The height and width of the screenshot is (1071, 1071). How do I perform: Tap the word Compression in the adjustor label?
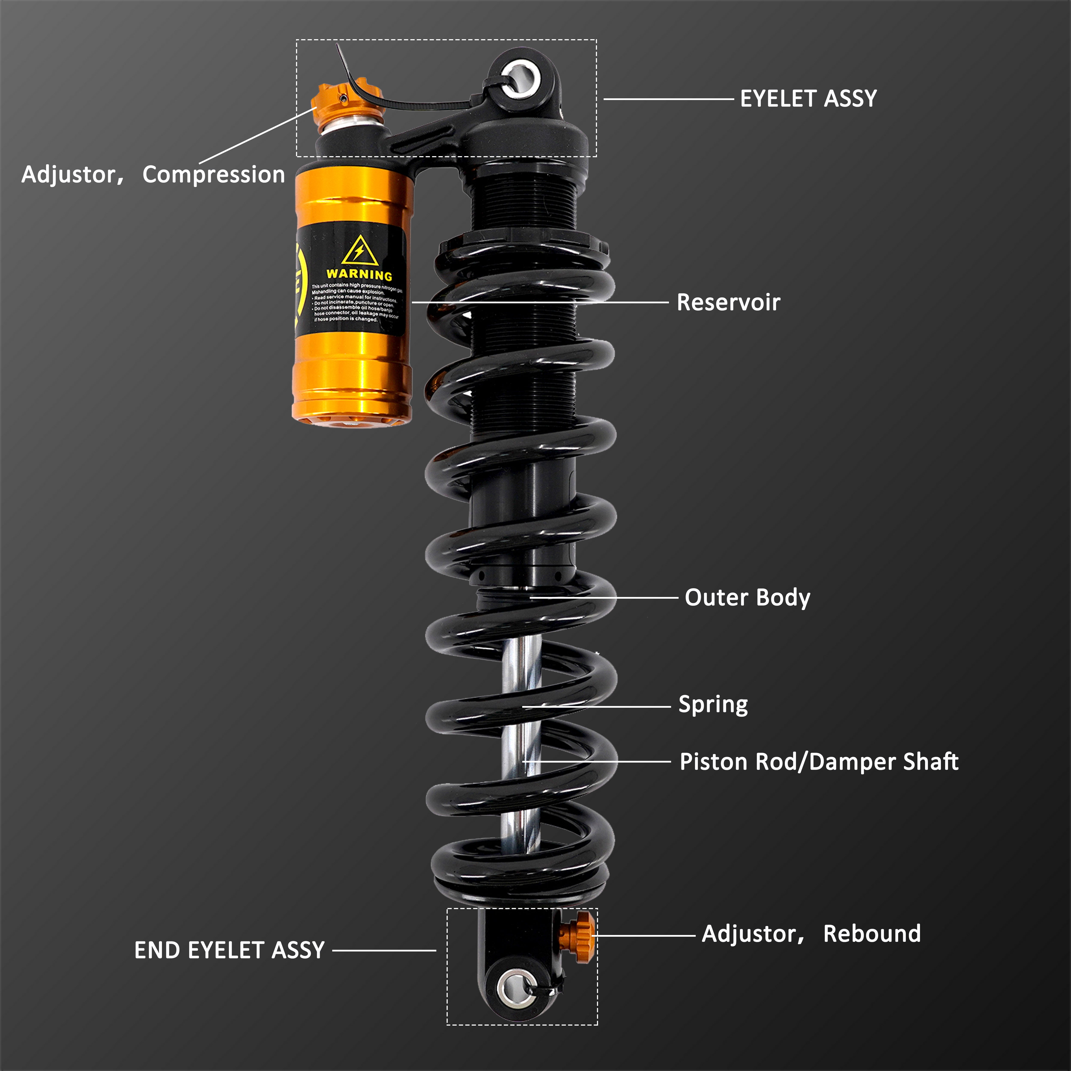[213, 175]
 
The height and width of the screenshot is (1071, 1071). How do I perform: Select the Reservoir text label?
[728, 303]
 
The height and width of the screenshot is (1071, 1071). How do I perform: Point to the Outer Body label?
[747, 598]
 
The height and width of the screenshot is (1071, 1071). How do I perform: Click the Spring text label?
[713, 705]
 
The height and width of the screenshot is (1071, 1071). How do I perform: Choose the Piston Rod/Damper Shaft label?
[819, 762]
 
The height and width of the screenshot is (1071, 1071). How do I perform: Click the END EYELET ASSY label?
[229, 950]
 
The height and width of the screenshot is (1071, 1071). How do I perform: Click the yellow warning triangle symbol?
[360, 251]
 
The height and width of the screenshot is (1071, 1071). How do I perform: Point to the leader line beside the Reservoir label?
[540, 303]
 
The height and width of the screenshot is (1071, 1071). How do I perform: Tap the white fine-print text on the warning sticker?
[355, 302]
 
